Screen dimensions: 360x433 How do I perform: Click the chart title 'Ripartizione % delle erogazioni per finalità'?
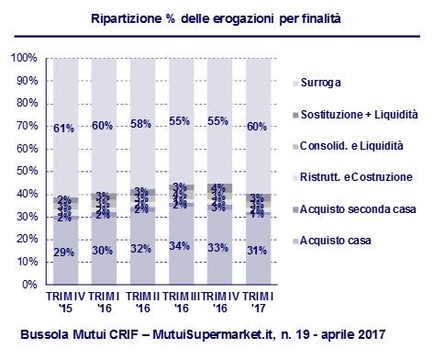pos(216,18)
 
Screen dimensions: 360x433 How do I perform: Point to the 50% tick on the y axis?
pos(25,172)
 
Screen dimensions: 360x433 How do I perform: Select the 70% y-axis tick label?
pos(25,127)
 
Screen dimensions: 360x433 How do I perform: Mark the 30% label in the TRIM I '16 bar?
pos(104,250)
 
